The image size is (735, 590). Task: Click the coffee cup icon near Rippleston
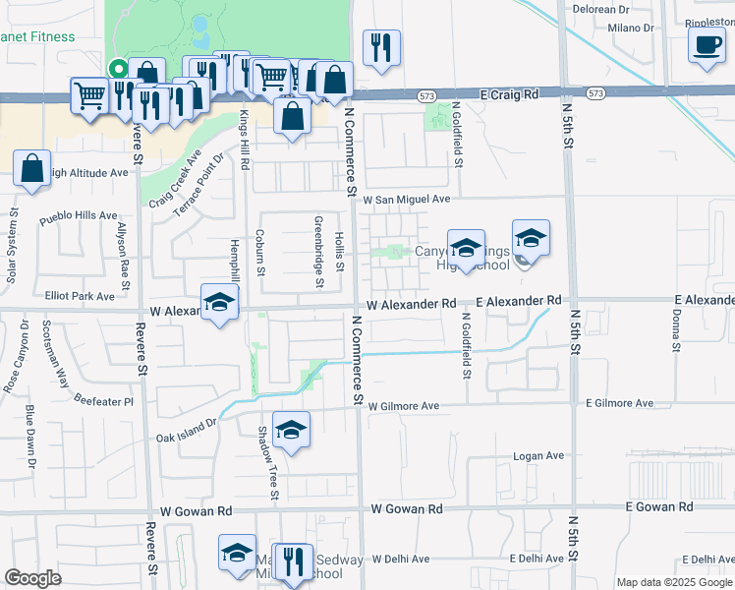(x=707, y=45)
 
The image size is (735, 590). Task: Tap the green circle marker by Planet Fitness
(x=116, y=70)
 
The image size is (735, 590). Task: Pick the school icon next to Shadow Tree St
(x=292, y=430)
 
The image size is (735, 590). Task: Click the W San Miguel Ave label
(x=406, y=199)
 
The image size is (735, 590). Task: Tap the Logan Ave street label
(x=539, y=456)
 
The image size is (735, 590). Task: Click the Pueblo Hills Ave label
(x=78, y=217)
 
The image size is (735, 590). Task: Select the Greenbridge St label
(x=318, y=252)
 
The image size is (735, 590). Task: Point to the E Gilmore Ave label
(x=619, y=403)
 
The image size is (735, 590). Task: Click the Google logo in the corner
(x=32, y=578)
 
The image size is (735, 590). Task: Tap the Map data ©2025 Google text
(x=674, y=582)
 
